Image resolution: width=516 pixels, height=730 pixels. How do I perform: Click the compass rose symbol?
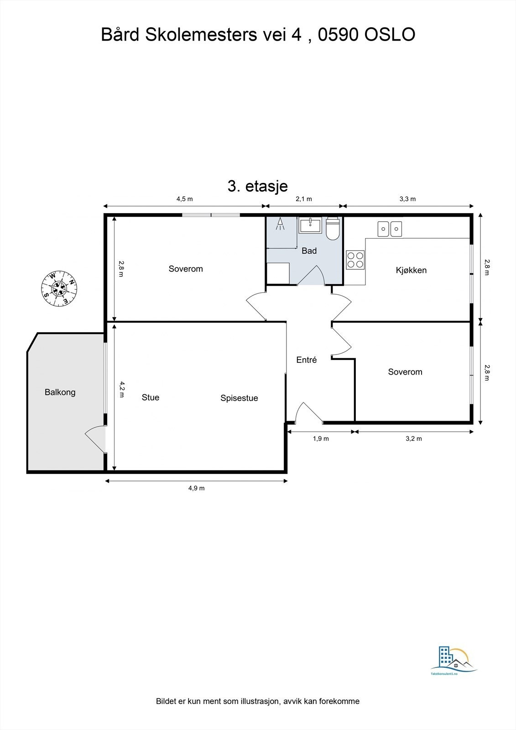coord(59,288)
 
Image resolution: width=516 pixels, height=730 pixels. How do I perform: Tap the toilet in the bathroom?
coord(333,229)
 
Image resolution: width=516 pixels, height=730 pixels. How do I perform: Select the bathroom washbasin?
coord(310,225)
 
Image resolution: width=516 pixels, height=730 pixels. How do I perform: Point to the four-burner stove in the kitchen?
coord(355,260)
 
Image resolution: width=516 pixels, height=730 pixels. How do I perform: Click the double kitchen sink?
coord(390,229)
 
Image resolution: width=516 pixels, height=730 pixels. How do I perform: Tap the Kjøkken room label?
coord(411,270)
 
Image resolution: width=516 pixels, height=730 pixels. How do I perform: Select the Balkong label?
coord(60,392)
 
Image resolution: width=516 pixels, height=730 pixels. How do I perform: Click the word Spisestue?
coord(239,398)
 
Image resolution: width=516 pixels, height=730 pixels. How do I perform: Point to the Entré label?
coord(307,360)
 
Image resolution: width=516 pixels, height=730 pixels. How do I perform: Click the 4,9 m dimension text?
coord(196,488)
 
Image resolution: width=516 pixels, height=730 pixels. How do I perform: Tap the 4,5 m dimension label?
coord(185,199)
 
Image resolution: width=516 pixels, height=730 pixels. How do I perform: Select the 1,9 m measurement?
coord(321,438)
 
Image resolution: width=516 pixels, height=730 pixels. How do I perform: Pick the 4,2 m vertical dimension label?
coord(121,390)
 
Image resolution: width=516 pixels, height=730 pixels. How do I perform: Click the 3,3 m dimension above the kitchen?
coord(408,199)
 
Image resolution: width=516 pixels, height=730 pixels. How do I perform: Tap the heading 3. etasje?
coord(257,187)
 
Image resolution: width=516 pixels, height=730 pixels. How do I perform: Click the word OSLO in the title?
coord(390,35)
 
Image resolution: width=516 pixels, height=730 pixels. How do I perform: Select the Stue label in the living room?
coord(151,397)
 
